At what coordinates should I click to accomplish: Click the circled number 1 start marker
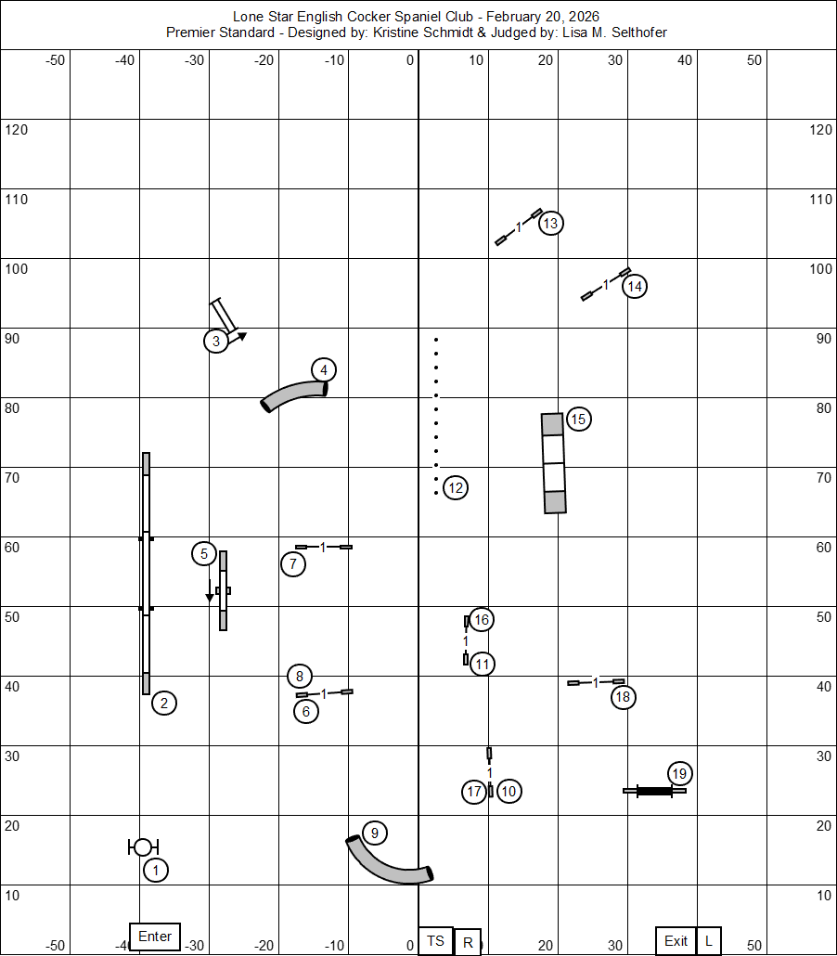(156, 871)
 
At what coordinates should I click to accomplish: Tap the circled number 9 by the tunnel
(374, 833)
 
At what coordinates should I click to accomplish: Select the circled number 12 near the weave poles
(455, 487)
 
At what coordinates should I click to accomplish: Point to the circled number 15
(578, 420)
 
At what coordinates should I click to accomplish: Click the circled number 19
(679, 773)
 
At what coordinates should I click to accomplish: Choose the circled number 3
(216, 342)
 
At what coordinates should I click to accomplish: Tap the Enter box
(155, 937)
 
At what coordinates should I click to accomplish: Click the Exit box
(676, 940)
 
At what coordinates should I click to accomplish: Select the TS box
(435, 941)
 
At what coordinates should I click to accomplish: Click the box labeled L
(709, 940)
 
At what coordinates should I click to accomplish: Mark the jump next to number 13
(518, 226)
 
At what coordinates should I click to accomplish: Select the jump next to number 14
(605, 284)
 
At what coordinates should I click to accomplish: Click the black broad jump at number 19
(655, 791)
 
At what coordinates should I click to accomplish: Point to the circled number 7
(292, 563)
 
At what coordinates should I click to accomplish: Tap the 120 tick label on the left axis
(17, 130)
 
